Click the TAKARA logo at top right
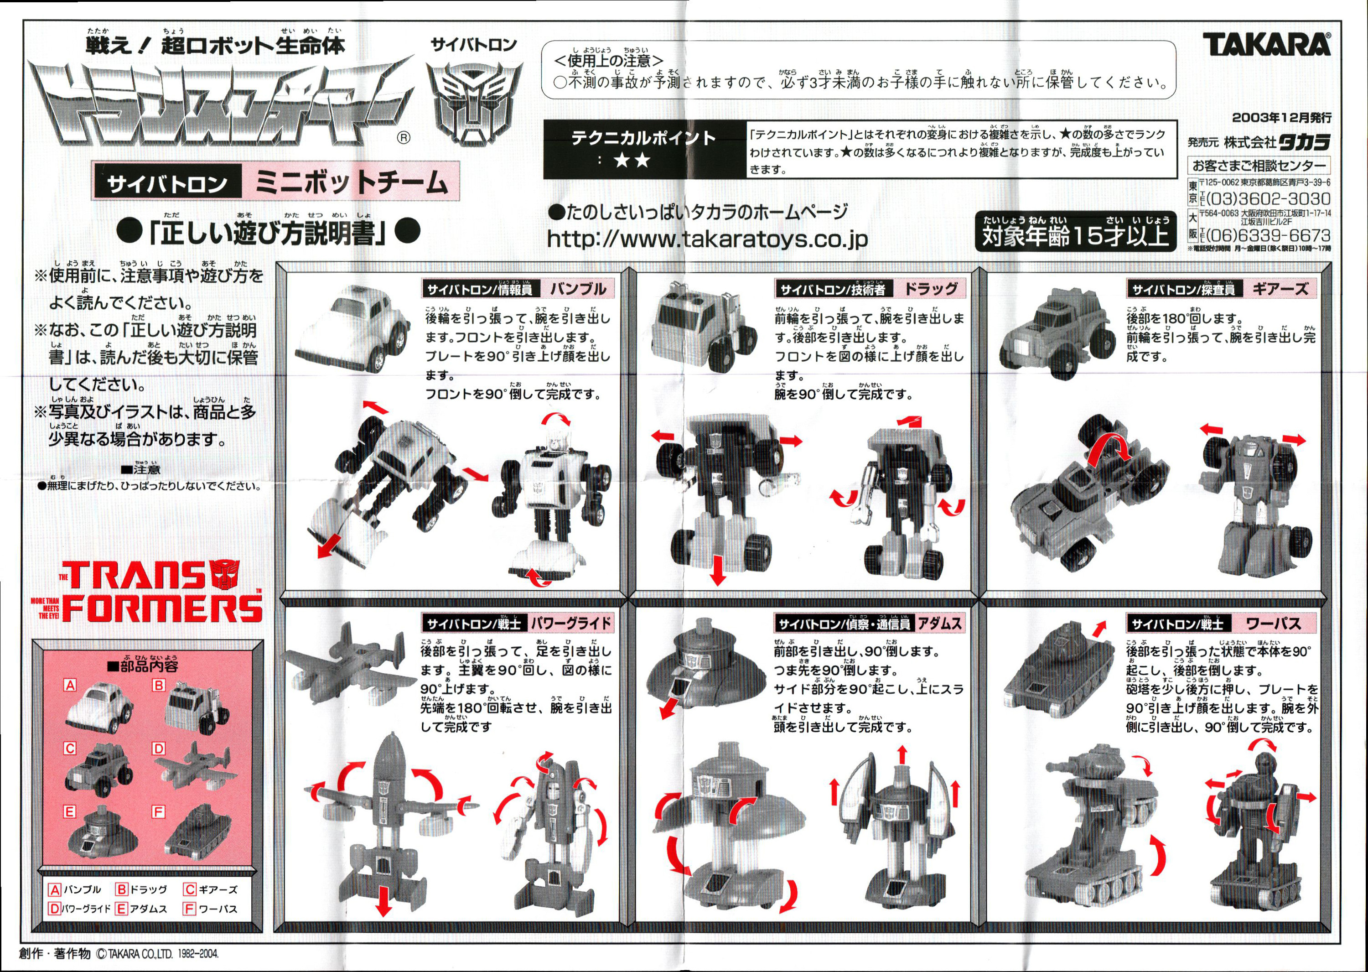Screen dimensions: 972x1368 click(1266, 44)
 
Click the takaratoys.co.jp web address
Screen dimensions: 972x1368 click(707, 239)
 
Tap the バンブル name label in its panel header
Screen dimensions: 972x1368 click(578, 289)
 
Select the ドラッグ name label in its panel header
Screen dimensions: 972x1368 click(931, 289)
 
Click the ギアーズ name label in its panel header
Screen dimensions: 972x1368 click(1280, 289)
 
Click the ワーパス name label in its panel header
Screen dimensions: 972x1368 click(1274, 624)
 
